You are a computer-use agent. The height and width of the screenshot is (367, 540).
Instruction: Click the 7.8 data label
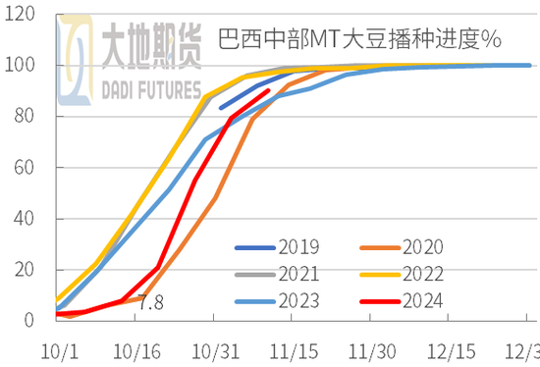149,302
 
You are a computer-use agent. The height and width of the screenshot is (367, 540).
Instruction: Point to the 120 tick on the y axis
21,15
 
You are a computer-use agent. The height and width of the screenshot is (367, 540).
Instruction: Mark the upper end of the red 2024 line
268,90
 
